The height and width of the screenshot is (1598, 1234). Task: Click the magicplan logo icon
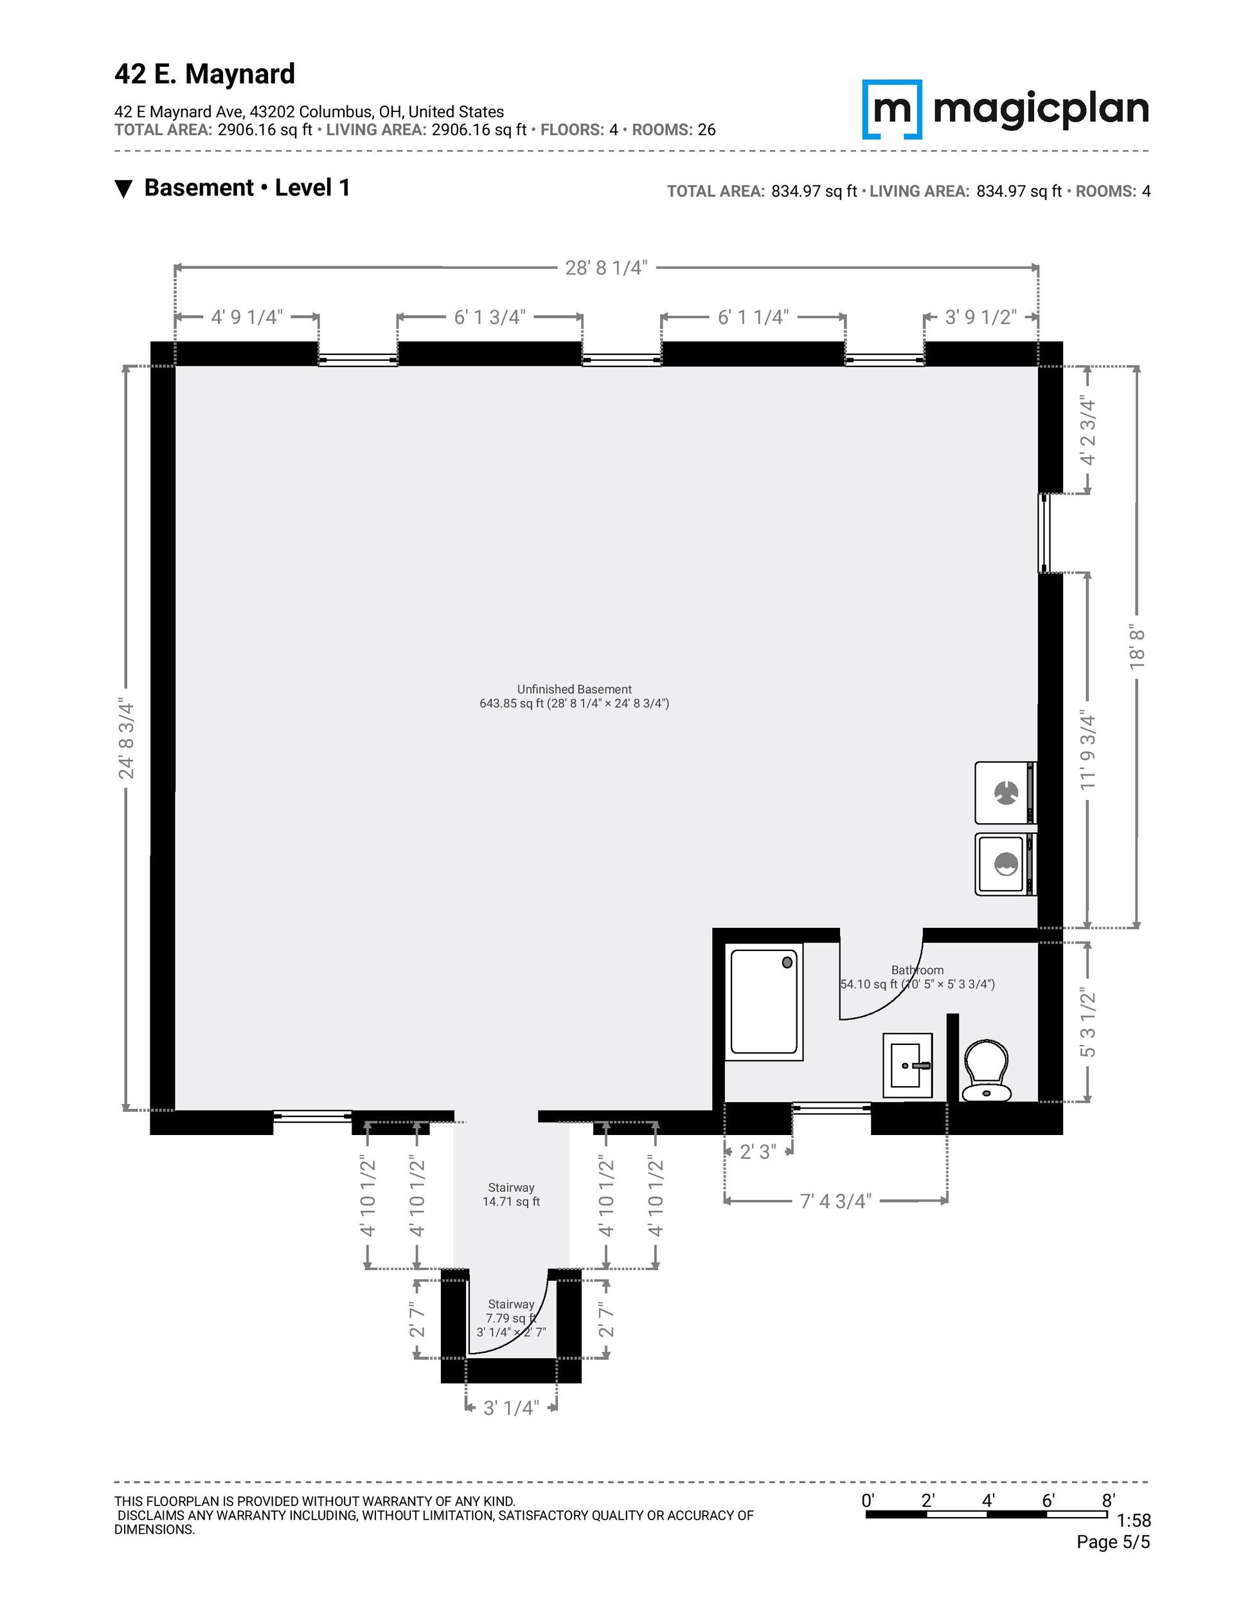[891, 109]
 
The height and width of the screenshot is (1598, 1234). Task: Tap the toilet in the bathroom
[986, 1071]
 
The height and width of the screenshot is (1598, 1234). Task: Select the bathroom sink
[907, 1066]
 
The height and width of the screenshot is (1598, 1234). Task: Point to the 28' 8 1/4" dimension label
[606, 268]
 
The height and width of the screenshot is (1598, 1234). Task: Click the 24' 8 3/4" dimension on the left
[127, 739]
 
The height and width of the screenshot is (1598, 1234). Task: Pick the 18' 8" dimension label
[1136, 647]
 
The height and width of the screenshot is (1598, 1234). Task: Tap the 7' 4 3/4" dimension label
[836, 1201]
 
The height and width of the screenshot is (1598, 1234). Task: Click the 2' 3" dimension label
[758, 1152]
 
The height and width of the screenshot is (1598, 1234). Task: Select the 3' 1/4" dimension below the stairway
[510, 1408]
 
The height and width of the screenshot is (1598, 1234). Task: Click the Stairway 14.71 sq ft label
[512, 1194]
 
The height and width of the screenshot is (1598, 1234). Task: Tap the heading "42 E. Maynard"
[205, 74]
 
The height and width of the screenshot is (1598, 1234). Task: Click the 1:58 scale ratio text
[1134, 1522]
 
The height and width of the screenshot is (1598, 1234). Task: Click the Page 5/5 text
[1113, 1543]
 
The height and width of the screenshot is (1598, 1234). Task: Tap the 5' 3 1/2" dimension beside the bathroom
[1087, 1022]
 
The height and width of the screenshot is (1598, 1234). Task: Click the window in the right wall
[1044, 532]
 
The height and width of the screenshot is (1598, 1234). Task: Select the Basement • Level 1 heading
[247, 188]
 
